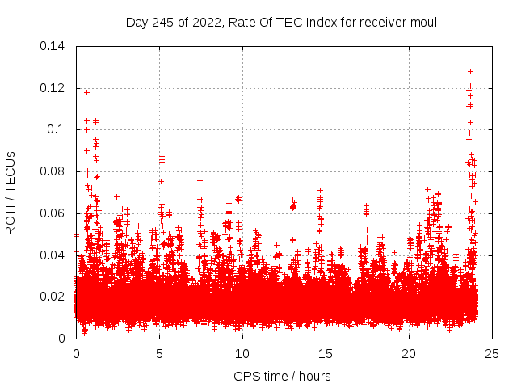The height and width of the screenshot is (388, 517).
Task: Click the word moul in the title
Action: (423, 23)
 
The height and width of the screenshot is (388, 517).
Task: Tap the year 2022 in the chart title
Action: (206, 23)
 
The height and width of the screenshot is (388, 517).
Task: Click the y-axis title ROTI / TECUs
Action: (11, 192)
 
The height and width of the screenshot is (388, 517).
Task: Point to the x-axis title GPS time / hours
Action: (282, 376)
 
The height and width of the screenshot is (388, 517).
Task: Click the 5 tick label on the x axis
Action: (159, 353)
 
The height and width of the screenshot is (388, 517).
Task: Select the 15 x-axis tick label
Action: (326, 353)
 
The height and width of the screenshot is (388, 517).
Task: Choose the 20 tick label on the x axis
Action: (409, 353)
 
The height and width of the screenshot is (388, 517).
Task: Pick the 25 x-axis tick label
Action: (492, 353)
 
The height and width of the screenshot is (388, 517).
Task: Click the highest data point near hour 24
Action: (470, 71)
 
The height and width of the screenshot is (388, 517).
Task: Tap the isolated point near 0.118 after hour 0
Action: (86, 92)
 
